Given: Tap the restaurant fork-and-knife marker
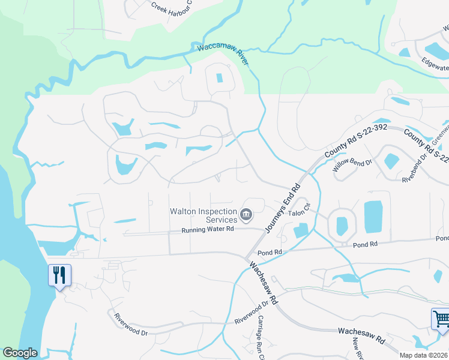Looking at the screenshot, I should [59, 275].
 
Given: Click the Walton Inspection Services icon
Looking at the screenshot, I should [246, 214].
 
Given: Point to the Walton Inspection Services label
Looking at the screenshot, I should [203, 215].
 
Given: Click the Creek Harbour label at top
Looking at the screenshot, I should [172, 6].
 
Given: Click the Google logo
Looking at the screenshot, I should [20, 353].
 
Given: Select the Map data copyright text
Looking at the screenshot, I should [424, 355].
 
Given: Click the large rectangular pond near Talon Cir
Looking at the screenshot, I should [373, 217].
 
